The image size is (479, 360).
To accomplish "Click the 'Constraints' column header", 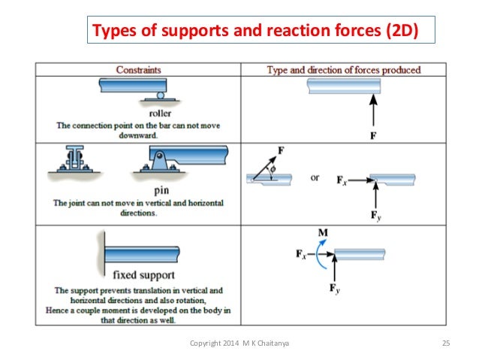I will coord(138,70).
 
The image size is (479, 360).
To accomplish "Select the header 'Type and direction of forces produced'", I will coord(344,70).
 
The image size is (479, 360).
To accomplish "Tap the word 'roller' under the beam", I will coord(160,113).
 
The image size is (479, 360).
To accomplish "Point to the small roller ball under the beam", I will coord(160,95).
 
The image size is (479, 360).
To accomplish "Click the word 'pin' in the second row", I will coord(160,191).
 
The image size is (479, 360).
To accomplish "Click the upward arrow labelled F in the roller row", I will coord(373,113).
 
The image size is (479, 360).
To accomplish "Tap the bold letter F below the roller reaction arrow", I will coord(373,137).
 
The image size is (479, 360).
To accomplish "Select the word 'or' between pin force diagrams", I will coord(315,178).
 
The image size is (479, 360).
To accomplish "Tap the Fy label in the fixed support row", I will coord(335,287).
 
